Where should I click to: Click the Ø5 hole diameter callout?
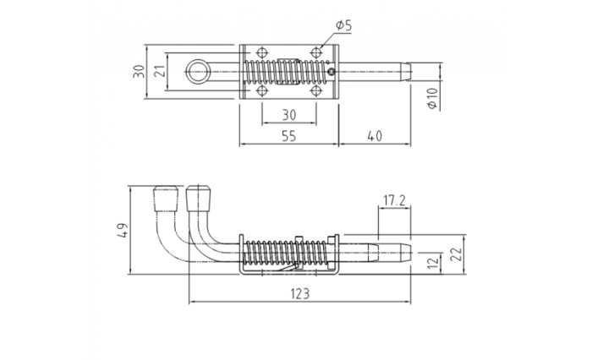tap(343, 25)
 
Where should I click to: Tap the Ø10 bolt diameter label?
tap(433, 98)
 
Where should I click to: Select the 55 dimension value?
tap(289, 136)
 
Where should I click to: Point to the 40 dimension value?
tap(375, 136)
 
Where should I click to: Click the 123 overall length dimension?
tap(299, 293)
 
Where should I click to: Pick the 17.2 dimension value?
tap(394, 200)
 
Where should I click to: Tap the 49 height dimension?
tap(123, 230)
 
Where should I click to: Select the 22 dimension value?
tap(457, 254)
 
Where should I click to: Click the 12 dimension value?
tap(434, 261)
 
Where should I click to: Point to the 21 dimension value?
tap(161, 71)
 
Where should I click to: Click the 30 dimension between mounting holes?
tap(289, 115)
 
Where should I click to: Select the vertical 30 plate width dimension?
tap(139, 71)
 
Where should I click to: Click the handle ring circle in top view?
tap(198, 71)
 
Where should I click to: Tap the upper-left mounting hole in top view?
tap(261, 52)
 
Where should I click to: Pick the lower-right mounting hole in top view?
tap(316, 90)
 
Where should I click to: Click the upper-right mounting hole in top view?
tap(316, 52)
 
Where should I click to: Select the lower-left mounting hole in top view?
tap(261, 90)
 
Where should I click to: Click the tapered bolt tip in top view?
tap(406, 71)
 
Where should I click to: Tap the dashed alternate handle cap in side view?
tap(166, 198)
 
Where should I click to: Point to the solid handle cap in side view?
tap(199, 198)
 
